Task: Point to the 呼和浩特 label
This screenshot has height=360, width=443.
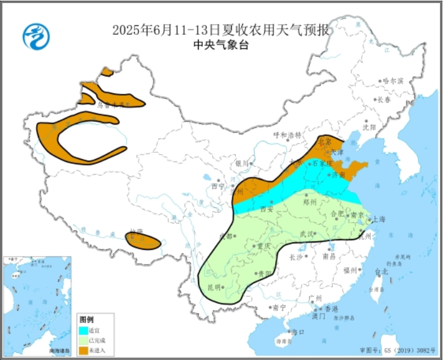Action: click(x=287, y=135)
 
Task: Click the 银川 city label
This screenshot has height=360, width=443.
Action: click(x=242, y=163)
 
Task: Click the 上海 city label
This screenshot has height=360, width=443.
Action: click(x=379, y=219)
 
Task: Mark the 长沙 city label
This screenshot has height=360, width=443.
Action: click(x=296, y=258)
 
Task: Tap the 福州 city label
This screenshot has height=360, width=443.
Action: click(x=351, y=270)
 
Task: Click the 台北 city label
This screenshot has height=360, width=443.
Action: click(x=381, y=272)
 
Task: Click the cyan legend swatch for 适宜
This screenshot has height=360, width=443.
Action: click(x=84, y=330)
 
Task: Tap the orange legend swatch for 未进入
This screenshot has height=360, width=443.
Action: click(x=84, y=350)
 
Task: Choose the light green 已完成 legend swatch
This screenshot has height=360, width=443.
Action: click(x=84, y=340)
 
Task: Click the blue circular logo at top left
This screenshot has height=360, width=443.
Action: click(x=36, y=36)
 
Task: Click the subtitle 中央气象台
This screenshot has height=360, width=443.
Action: click(x=221, y=45)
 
